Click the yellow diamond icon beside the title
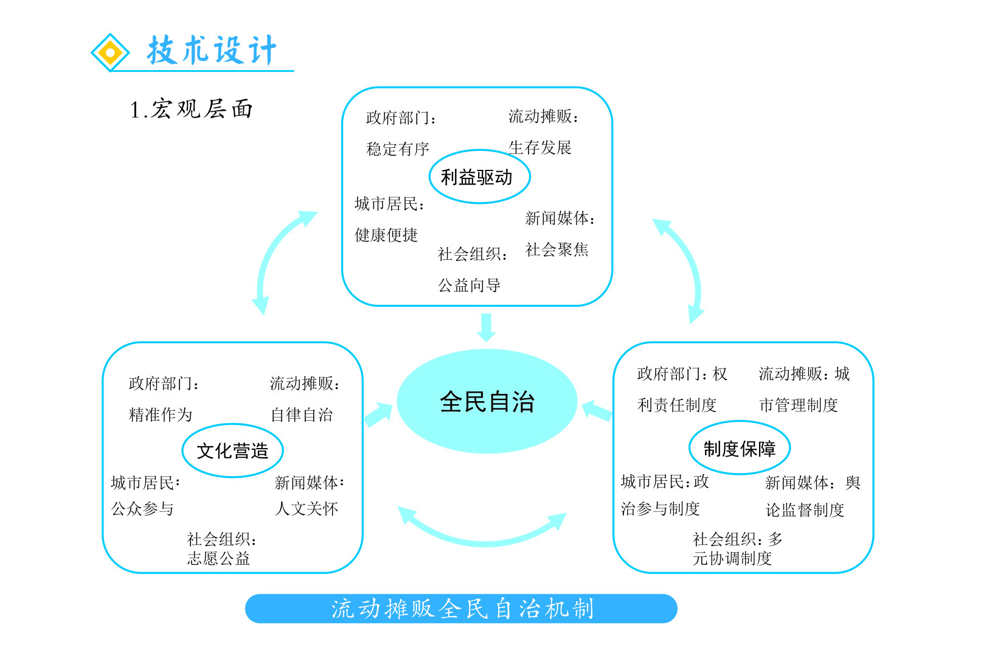coord(110,52)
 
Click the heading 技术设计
coord(212,50)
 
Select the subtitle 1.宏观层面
coord(191,110)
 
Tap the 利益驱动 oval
coord(479,177)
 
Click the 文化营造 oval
coord(232,450)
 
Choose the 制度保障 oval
coord(739,449)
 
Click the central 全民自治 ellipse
coord(487,401)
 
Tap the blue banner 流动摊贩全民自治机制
coord(461,608)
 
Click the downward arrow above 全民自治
coord(486,327)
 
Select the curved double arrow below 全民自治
coord(484,530)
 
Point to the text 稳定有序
coord(398,149)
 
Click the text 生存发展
coord(540,148)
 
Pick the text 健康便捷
coord(386,235)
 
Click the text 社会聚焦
coord(557,250)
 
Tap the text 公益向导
coord(469,285)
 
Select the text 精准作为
coord(161,415)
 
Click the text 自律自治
coord(302,415)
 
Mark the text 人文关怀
coord(306,508)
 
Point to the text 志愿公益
coord(218,558)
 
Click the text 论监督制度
coord(805,510)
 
